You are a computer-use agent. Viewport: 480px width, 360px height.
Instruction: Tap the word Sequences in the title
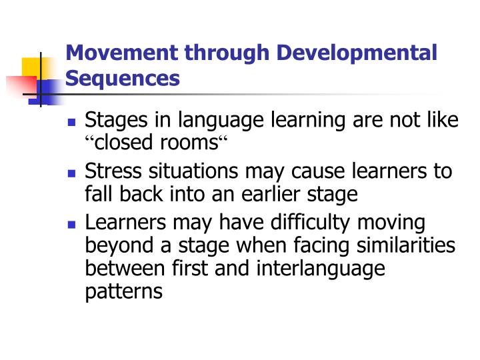coord(123,79)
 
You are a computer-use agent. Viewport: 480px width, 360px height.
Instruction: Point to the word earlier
coord(269,194)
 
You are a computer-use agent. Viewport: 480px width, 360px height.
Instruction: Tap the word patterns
coord(124,291)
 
